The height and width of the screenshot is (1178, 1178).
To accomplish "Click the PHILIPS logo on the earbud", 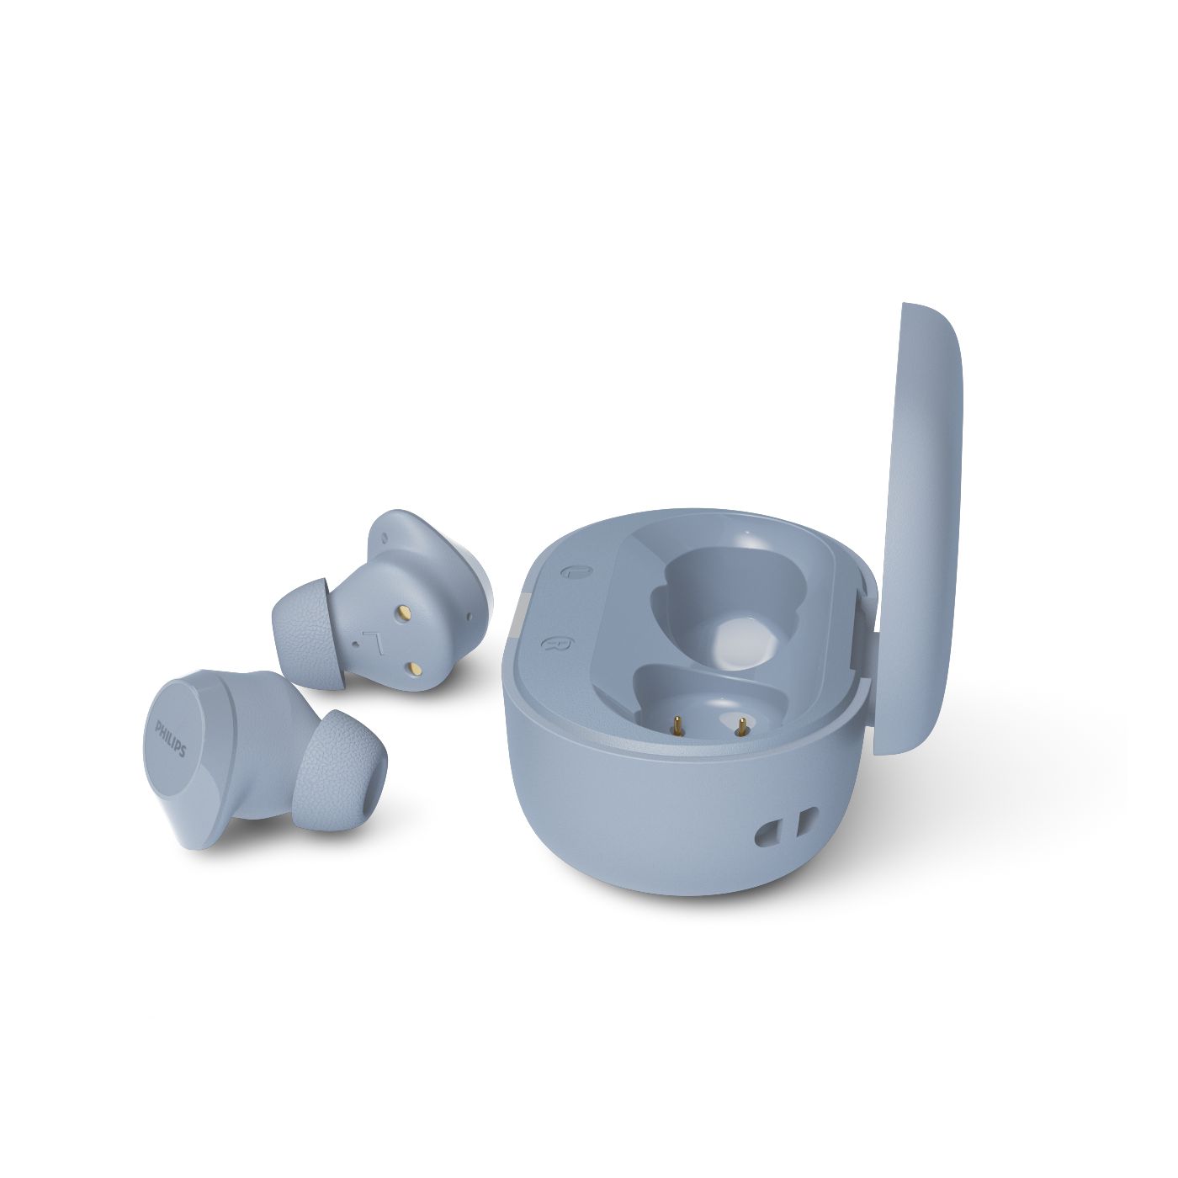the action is [x=171, y=739].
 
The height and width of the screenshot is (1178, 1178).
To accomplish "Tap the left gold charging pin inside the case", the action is [x=677, y=725].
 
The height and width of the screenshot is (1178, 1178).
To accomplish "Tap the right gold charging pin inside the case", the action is [x=741, y=725].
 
